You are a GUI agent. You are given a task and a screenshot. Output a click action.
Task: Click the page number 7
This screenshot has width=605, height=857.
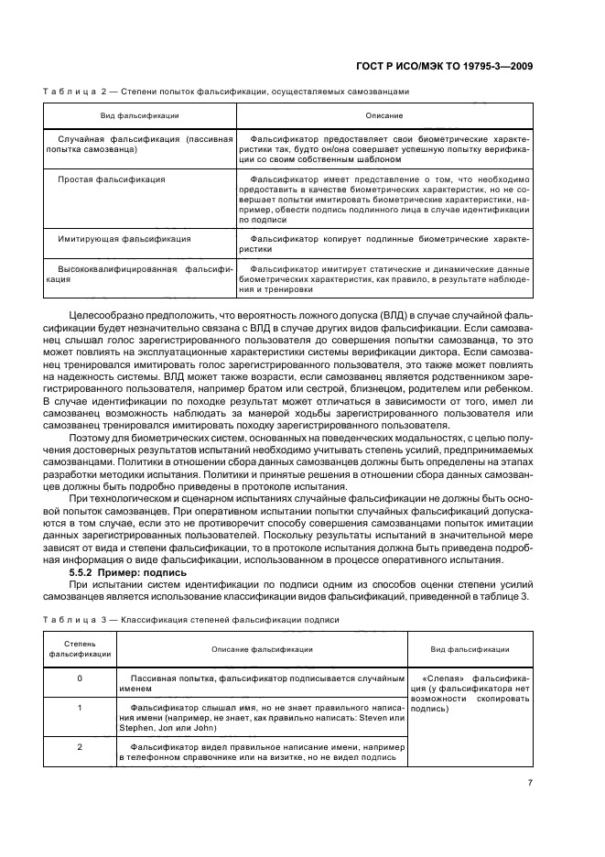530,782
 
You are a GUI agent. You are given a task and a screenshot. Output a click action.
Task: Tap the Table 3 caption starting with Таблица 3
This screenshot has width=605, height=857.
191,619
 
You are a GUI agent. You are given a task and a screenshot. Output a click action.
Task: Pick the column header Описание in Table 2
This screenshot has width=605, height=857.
384,116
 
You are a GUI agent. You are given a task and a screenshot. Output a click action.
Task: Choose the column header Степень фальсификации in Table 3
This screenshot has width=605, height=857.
80,648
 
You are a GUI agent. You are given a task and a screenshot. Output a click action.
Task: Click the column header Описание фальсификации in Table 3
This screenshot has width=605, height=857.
262,648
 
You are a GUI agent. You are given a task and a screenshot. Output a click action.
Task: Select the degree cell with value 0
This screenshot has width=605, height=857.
80,678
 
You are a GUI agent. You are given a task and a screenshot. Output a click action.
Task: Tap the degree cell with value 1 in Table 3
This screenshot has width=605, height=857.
80,708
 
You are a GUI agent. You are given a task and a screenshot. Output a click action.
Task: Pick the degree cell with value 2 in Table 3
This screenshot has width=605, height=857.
80,747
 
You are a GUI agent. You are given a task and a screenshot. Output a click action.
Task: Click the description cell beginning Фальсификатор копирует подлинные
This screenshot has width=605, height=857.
384,243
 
